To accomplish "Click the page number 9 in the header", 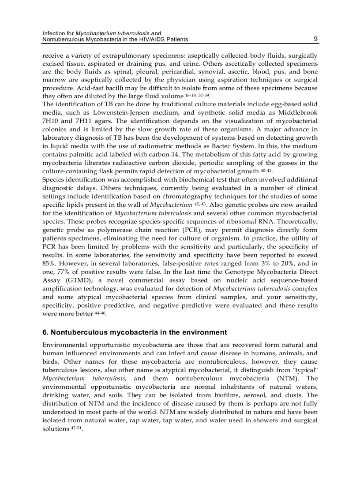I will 315,39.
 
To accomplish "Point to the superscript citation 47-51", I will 76,428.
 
